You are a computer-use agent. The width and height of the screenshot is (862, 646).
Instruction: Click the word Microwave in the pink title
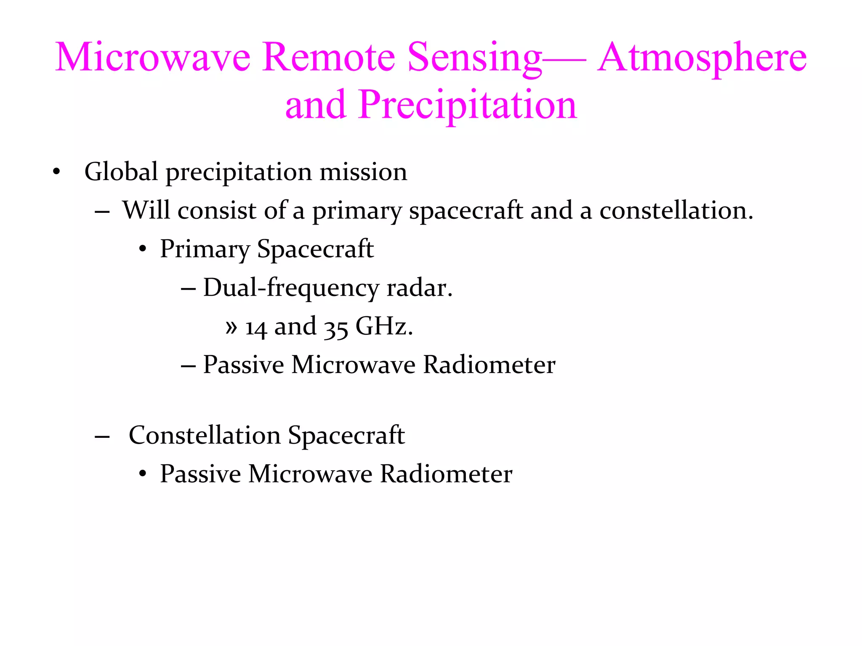[152, 57]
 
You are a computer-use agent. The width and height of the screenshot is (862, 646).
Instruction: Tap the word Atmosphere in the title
[702, 57]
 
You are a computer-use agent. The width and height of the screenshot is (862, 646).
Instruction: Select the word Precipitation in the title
[467, 105]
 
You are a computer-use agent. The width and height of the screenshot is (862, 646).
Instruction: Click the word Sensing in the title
[474, 57]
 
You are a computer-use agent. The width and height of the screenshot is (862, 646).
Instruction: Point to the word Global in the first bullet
[121, 172]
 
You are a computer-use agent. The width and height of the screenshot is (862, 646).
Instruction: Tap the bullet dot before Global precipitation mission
[56, 172]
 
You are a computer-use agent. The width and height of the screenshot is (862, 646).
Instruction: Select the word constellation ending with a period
[676, 210]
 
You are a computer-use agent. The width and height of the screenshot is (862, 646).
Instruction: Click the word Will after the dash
[147, 210]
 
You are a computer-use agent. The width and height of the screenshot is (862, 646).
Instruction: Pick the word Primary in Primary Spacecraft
[205, 249]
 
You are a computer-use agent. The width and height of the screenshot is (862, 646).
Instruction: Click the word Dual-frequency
[291, 288]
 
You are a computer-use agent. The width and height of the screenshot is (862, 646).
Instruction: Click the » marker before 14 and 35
[231, 327]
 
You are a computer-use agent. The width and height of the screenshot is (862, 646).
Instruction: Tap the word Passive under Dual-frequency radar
[243, 365]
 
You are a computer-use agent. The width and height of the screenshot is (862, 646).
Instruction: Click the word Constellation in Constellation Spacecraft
[205, 435]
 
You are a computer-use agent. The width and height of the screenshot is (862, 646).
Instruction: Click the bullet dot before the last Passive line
[143, 474]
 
